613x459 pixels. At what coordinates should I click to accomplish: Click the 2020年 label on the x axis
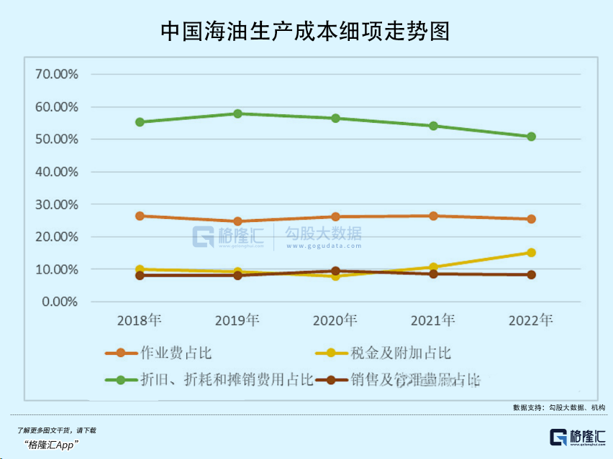(335, 320)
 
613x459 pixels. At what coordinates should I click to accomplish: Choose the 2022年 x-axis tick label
(530, 320)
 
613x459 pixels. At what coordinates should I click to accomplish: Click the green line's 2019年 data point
(237, 113)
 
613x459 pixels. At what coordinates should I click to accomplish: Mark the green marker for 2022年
(531, 136)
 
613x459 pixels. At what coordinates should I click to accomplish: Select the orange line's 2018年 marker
(140, 215)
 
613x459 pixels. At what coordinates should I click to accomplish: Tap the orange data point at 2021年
(433, 215)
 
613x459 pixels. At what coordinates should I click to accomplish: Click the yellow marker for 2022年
(531, 252)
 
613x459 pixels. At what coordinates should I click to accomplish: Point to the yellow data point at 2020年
(335, 276)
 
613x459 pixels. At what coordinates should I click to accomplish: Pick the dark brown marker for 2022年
(531, 274)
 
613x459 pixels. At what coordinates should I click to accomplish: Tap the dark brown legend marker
(332, 379)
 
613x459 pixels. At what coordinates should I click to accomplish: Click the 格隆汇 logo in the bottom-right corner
(576, 437)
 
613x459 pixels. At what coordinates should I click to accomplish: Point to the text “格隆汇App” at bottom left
(51, 445)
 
